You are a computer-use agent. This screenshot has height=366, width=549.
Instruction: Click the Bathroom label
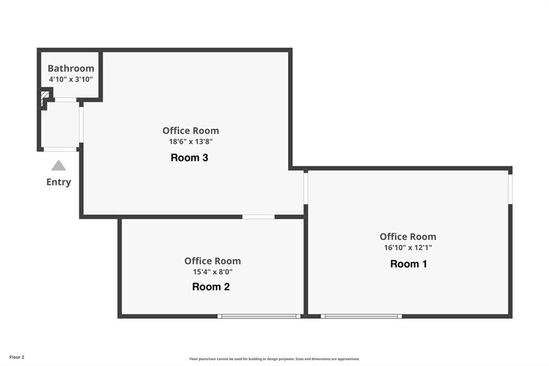tap(71, 68)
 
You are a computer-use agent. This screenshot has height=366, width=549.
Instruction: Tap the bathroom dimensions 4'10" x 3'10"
tap(71, 79)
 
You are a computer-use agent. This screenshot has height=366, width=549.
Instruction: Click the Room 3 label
tap(189, 158)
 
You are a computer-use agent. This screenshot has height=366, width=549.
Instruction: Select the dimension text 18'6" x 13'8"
tap(191, 142)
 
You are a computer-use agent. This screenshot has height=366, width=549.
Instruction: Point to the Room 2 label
tap(211, 287)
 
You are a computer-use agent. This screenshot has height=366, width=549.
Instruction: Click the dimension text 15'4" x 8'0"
tap(212, 272)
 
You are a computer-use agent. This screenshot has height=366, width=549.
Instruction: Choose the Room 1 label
tap(409, 264)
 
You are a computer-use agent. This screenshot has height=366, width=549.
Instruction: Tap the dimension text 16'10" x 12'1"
tap(408, 247)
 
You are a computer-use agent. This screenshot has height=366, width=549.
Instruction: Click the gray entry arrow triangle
tap(58, 165)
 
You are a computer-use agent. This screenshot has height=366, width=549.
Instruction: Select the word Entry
tap(58, 182)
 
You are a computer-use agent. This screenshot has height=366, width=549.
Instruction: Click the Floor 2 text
tap(17, 357)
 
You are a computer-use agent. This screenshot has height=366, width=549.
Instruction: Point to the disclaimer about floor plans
tap(274, 359)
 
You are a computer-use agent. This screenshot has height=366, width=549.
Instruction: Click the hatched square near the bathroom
tap(45, 96)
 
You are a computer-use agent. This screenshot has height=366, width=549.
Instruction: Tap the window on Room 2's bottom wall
tap(259, 316)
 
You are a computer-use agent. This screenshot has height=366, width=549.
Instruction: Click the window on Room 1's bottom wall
tap(361, 316)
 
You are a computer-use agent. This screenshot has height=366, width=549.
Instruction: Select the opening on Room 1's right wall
tap(510, 189)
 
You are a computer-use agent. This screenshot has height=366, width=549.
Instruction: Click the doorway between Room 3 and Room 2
tap(258, 217)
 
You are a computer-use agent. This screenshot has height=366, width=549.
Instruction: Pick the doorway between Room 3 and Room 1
tap(306, 188)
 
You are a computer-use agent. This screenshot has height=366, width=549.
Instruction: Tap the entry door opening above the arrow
tap(60, 149)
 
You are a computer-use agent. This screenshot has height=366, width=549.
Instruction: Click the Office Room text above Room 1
tap(408, 237)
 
